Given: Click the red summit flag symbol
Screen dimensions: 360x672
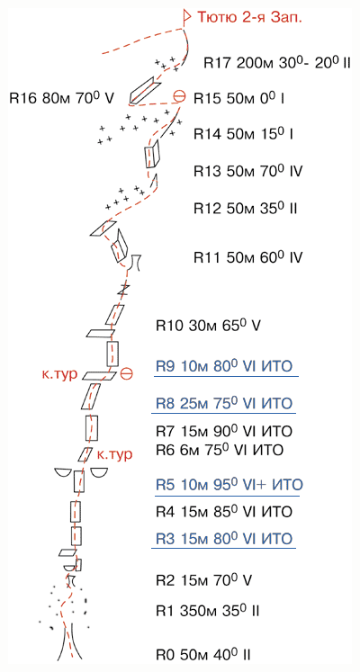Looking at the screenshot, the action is [186, 17].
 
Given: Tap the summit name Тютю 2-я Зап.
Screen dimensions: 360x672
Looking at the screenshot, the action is [249, 17].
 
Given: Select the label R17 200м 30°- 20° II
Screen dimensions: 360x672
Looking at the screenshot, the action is [277, 63].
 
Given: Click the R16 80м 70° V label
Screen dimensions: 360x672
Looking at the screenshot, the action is [62, 98].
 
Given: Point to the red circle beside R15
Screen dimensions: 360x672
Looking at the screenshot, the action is [180, 97].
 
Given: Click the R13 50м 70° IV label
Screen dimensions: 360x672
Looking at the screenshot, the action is [248, 172].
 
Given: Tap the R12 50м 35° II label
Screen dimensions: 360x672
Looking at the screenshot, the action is [246, 209].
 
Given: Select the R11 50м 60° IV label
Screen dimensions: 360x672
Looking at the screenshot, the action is [248, 257].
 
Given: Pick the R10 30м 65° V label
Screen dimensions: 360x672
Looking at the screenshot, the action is [208, 326].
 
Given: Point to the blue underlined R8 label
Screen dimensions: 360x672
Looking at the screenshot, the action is [224, 403].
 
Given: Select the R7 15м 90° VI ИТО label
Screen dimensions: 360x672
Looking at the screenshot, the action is [224, 431].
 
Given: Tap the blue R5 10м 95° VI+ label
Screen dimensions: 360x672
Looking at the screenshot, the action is [229, 485].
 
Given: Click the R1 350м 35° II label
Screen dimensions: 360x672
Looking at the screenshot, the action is [208, 610].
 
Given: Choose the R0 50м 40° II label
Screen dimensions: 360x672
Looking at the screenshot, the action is [203, 655].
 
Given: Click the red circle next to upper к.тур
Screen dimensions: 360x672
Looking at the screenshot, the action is [126, 373].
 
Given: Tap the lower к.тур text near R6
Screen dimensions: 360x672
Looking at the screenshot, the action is [113, 454].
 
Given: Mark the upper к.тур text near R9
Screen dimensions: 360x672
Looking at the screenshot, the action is [60, 374].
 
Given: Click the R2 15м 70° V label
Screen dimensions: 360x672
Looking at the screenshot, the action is [202, 581].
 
